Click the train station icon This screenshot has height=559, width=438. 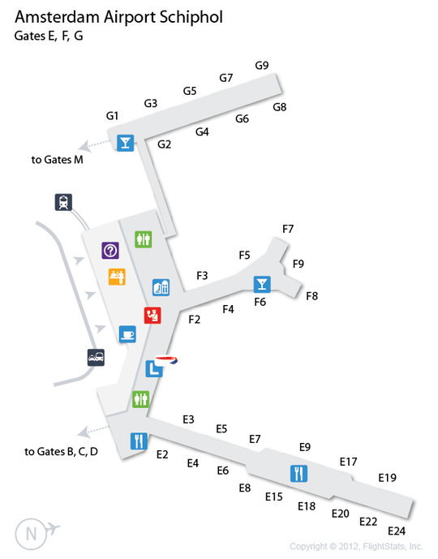tap(63, 202)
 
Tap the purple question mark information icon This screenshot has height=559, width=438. tap(110, 250)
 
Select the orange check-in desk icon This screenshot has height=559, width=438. tap(117, 277)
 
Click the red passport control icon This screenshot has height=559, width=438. tap(152, 315)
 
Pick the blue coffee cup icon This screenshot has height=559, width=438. tap(127, 334)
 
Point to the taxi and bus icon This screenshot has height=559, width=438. tap(97, 358)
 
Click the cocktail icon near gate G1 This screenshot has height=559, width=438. tap(126, 143)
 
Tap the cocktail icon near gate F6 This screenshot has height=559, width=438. tap(262, 284)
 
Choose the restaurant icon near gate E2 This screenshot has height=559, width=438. tap(139, 441)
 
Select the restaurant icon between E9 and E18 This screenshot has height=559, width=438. tap(298, 474)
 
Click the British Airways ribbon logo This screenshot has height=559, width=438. tap(166, 360)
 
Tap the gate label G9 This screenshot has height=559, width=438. tap(262, 66)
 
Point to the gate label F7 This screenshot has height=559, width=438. tap(288, 229)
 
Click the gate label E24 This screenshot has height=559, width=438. tap(397, 531)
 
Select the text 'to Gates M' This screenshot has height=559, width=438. tap(58, 160)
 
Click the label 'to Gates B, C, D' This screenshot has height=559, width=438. tap(62, 452)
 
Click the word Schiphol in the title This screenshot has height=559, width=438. tap(191, 18)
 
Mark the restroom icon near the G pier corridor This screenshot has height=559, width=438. tap(144, 239)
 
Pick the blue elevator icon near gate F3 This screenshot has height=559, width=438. tap(161, 287)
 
